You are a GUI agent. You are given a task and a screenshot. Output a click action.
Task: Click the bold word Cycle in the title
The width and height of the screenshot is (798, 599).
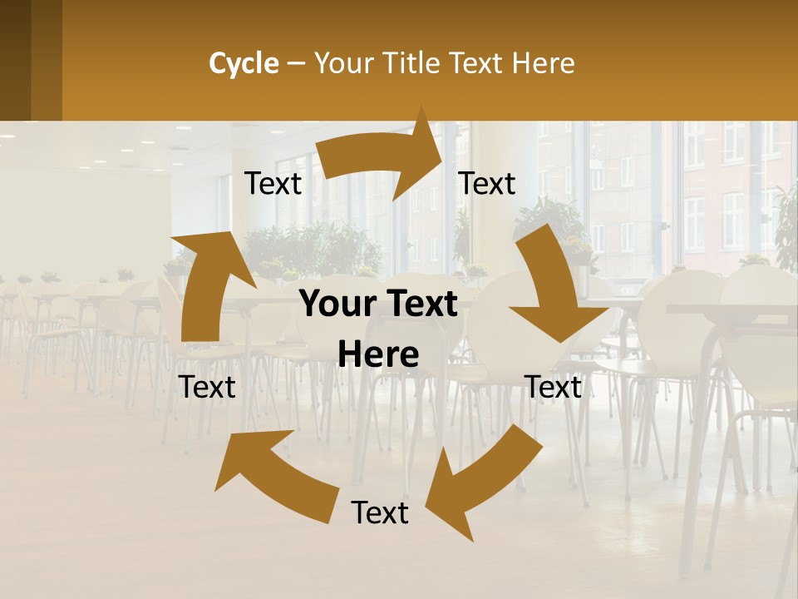click(244, 63)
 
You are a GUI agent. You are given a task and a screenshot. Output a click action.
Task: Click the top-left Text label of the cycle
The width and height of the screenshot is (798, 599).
click(273, 184)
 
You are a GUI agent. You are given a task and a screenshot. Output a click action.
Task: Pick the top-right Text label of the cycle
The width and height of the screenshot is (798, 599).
click(487, 184)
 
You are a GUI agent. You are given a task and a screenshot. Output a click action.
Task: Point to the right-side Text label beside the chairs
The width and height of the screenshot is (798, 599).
click(553, 387)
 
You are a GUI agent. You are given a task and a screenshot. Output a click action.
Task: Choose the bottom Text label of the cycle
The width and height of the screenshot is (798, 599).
click(380, 512)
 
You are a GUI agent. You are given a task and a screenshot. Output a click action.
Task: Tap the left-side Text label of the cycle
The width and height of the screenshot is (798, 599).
click(207, 387)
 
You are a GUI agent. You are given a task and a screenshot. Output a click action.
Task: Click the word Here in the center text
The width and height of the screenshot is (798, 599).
click(378, 355)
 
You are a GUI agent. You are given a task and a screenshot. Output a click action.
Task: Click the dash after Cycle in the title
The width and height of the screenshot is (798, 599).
click(296, 63)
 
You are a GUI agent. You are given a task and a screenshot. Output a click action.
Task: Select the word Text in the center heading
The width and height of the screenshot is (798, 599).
click(419, 304)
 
